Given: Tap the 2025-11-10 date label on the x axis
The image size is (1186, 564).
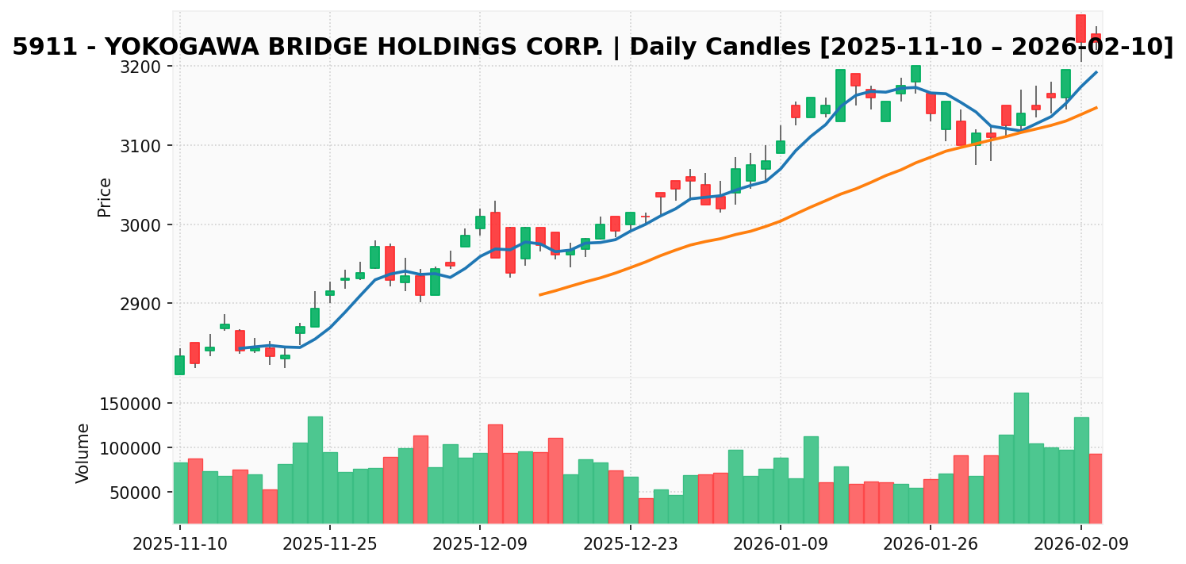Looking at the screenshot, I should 180,545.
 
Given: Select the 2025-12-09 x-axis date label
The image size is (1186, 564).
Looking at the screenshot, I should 480,545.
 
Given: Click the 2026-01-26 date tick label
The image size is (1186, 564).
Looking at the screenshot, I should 930,545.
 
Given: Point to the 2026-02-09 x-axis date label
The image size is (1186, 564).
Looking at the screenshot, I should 1080,545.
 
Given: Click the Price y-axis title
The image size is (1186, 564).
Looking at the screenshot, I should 105,197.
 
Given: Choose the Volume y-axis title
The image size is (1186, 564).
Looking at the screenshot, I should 83,453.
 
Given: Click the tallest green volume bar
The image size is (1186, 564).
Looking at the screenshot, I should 1021,458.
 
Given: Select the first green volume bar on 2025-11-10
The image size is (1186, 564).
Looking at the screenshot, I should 180,493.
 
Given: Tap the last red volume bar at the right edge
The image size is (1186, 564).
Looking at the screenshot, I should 1096,488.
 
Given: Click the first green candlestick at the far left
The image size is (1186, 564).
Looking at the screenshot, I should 180,365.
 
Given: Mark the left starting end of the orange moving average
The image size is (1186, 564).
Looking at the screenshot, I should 540,295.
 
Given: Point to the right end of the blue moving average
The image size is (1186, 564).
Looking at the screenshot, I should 1096,72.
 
